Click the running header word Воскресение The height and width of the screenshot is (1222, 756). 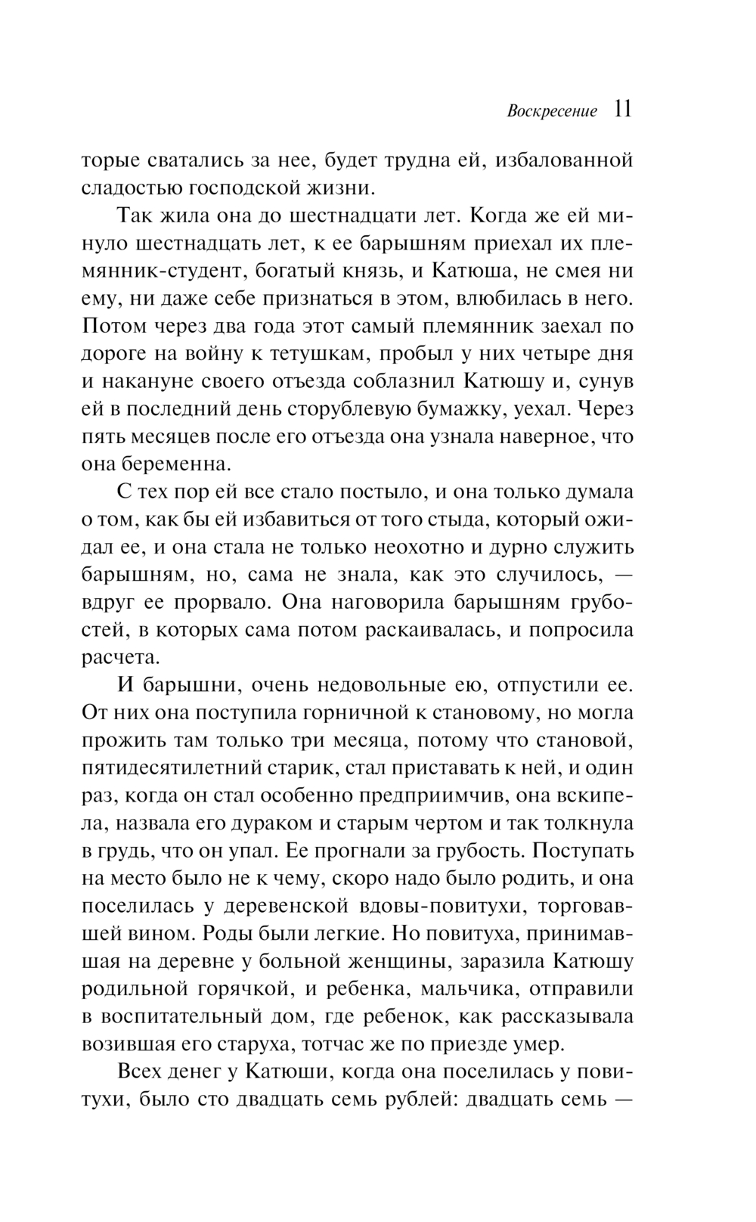(552, 111)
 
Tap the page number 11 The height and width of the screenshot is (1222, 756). (622, 109)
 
